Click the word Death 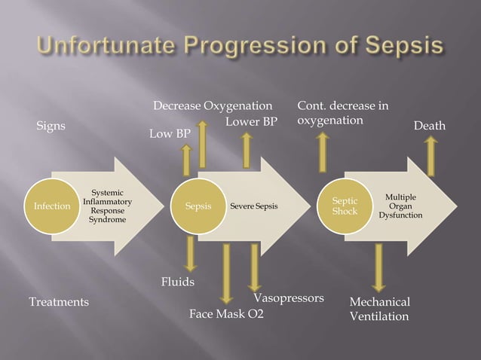click(430, 126)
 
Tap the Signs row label click(51, 126)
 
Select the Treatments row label click(59, 302)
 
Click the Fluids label click(178, 282)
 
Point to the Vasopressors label click(289, 297)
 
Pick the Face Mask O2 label click(226, 313)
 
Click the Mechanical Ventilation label click(379, 309)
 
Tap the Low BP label click(170, 134)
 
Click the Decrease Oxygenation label click(212, 105)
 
